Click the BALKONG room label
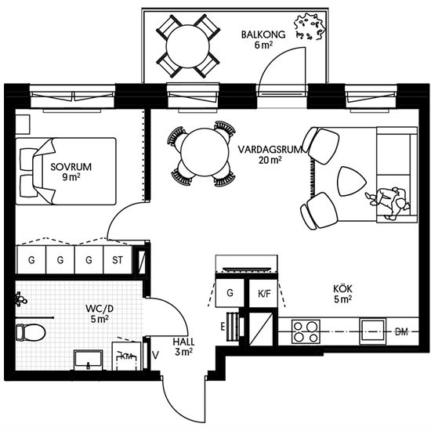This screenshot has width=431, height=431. (x=263, y=34)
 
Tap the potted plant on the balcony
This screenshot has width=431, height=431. (x=310, y=27)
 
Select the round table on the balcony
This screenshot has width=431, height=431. (x=188, y=46)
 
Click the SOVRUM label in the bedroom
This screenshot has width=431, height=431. (x=71, y=167)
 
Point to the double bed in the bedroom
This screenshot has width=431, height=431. (x=66, y=172)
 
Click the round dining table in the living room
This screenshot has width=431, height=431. (x=205, y=152)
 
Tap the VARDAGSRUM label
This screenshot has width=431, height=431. (x=270, y=150)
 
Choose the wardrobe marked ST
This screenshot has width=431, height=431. (x=118, y=259)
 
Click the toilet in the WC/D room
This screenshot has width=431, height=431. (x=31, y=332)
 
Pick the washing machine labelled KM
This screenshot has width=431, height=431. (x=126, y=357)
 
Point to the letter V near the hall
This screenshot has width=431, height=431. (x=155, y=356)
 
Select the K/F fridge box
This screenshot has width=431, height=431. (x=263, y=293)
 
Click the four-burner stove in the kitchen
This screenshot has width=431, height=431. (x=306, y=331)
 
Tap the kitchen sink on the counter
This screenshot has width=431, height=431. (x=373, y=331)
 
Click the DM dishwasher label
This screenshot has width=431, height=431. (x=401, y=332)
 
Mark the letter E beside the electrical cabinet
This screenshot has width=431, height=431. (x=223, y=327)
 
